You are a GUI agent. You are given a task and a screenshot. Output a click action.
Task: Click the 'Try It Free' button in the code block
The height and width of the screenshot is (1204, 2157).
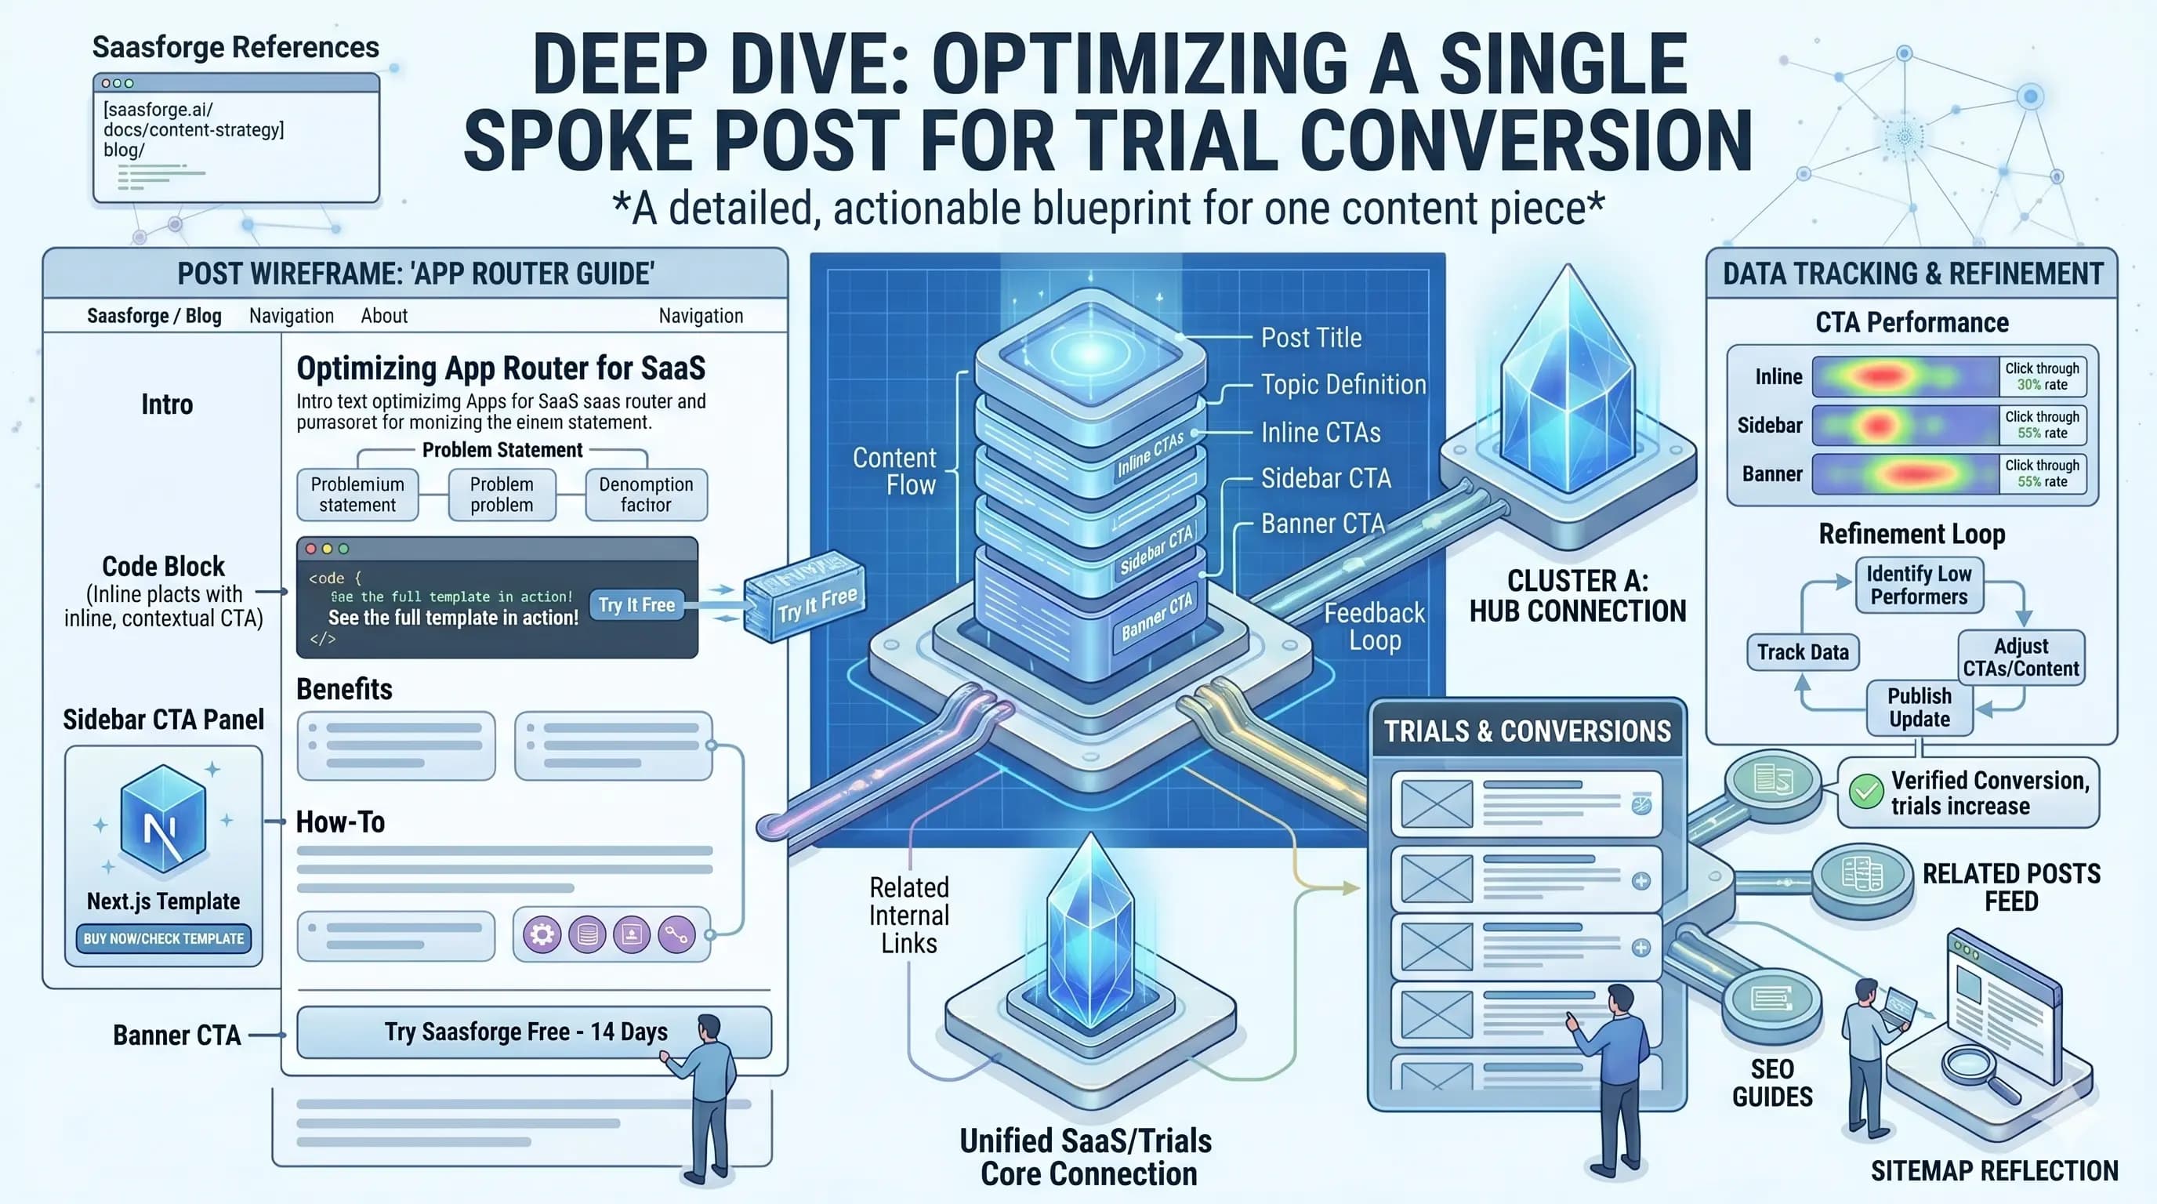pos(636,604)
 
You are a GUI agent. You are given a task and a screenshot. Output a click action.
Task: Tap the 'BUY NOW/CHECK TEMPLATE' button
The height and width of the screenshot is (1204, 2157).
pos(163,938)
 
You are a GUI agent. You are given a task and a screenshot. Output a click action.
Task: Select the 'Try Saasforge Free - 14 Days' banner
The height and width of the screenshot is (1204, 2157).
pos(526,1032)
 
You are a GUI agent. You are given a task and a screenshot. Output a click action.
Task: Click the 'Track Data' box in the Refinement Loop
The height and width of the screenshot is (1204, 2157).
pos(1802,652)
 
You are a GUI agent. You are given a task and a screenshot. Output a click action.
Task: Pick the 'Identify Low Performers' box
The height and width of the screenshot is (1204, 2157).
pos(1919,586)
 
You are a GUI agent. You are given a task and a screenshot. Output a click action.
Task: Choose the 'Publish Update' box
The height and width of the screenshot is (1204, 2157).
pos(1919,708)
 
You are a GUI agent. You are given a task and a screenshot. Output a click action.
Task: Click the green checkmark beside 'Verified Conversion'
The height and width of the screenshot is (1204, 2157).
pos(1865,791)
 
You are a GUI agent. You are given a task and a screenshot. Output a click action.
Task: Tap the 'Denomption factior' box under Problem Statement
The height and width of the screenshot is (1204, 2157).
pos(646,495)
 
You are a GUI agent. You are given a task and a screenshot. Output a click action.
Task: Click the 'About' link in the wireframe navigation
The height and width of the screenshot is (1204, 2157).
pos(384,316)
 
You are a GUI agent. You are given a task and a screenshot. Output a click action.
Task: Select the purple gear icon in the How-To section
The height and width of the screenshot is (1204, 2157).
pos(542,934)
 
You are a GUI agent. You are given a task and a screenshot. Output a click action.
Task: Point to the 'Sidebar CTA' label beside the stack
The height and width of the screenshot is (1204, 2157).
pos(1325,478)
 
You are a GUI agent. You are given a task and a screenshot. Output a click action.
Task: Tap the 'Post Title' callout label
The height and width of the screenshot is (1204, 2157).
pos(1311,337)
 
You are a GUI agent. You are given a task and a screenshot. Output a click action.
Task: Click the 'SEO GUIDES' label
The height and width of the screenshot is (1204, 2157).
pos(1772,1083)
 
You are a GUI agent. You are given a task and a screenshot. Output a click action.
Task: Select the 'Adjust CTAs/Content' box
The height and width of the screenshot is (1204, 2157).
pos(2021,657)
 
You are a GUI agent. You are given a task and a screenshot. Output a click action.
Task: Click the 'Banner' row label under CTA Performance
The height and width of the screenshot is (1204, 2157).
pos(1772,474)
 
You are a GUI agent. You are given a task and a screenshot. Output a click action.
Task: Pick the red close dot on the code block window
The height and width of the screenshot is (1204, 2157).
pos(310,549)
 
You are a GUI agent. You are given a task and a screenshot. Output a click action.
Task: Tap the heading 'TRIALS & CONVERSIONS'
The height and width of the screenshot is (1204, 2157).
pos(1527,731)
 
